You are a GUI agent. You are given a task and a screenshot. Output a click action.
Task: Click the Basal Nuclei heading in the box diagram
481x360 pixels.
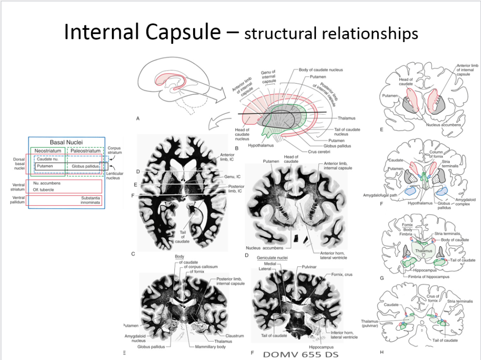(x=66, y=142)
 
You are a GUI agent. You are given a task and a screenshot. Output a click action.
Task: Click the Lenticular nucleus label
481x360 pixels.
(x=115, y=175)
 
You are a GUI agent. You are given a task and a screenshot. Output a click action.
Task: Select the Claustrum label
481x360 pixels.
(x=234, y=336)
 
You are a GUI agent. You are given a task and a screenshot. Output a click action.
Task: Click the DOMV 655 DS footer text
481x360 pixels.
(x=300, y=354)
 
